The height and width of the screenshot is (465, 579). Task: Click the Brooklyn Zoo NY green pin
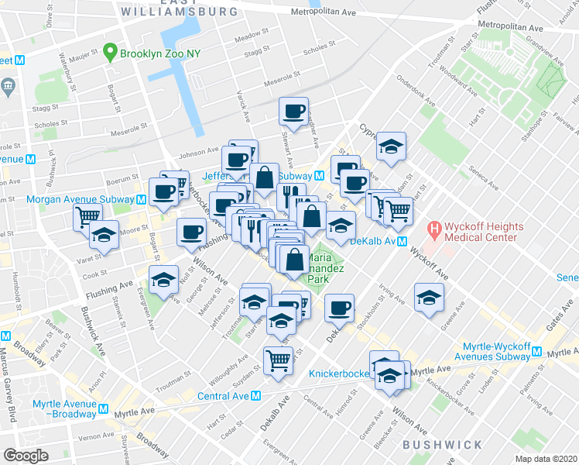coord(111,53)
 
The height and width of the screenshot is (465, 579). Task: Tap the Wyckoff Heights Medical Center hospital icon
coord(435,230)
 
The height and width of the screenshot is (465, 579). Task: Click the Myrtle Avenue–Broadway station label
coord(65,409)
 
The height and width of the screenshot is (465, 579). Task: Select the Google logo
coord(26,456)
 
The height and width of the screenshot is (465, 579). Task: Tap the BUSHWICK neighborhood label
coord(441,444)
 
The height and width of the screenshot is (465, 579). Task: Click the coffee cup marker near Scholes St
coord(293,111)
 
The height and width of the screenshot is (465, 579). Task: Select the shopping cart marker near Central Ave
coord(278,358)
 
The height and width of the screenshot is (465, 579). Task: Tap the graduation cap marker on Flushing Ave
coord(163,279)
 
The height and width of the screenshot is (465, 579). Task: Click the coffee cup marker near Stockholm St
coord(339,308)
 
